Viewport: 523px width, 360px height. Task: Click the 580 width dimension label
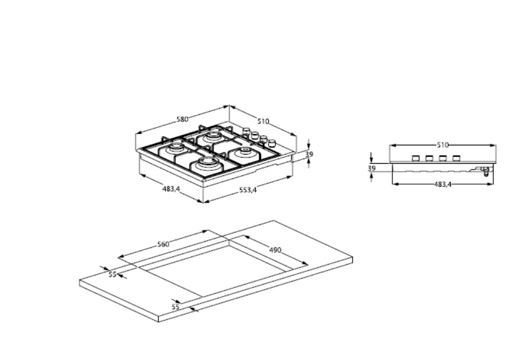pos(182,119)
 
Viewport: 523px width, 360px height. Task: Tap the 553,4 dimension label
pos(248,190)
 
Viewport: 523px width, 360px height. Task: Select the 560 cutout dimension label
pos(163,244)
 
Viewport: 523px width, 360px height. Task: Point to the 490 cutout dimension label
pos(275,250)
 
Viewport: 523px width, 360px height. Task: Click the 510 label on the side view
pos(442,145)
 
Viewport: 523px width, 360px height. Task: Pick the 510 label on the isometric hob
pos(263,121)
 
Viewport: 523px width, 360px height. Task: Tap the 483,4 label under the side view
pos(442,184)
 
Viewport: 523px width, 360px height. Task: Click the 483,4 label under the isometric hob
pos(171,189)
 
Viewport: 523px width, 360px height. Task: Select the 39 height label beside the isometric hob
pos(309,154)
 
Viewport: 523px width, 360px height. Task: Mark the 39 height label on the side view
pos(372,168)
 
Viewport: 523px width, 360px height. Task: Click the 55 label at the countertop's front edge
pos(175,307)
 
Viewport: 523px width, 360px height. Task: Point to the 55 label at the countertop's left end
pos(113,274)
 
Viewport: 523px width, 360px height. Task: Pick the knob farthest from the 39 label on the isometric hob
pos(245,131)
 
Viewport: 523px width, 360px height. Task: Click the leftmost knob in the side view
pos(416,158)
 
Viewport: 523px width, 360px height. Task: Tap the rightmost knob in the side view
pos(456,158)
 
